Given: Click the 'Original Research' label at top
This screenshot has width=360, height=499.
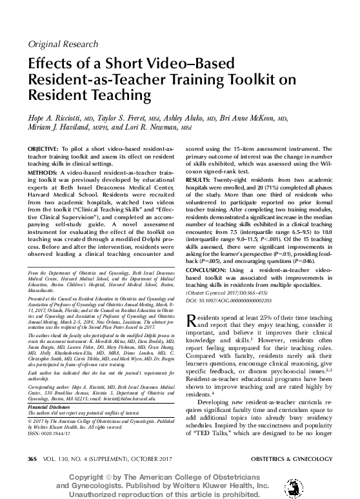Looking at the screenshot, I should point(62,44).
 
